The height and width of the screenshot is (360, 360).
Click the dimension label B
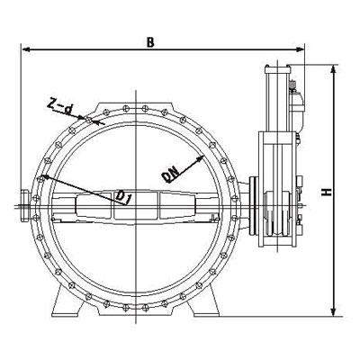pyautogui.click(x=150, y=42)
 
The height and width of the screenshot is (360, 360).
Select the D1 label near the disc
pyautogui.click(x=123, y=198)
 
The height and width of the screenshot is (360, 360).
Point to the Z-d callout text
pyautogui.click(x=60, y=108)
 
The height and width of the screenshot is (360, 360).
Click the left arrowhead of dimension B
pyautogui.click(x=26, y=49)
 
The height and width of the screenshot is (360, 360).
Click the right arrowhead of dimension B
pyautogui.click(x=301, y=49)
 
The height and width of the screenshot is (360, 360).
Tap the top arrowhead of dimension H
pyautogui.click(x=333, y=69)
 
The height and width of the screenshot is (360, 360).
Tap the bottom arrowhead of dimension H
pyautogui.click(x=333, y=312)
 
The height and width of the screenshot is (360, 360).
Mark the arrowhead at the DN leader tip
pyautogui.click(x=200, y=157)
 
